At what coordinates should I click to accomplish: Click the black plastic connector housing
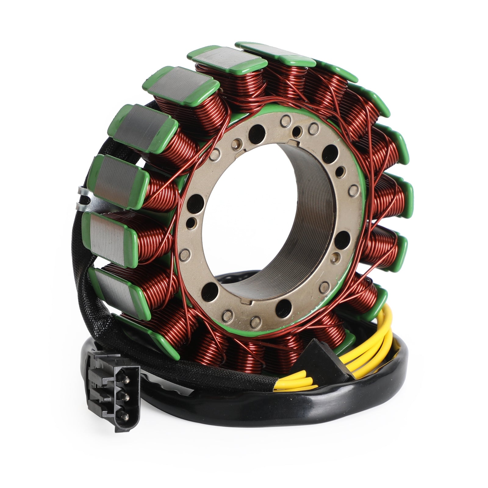click(x=116, y=396)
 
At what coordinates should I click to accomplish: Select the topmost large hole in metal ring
click(x=257, y=131)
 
